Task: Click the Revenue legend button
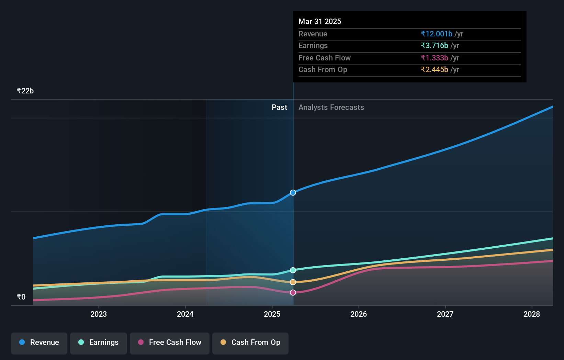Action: pyautogui.click(x=39, y=342)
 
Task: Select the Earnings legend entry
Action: pyautogui.click(x=99, y=342)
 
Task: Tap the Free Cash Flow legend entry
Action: pyautogui.click(x=170, y=342)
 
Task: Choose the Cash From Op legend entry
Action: pyautogui.click(x=250, y=342)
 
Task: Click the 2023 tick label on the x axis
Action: pyautogui.click(x=99, y=314)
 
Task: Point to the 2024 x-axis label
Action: pyautogui.click(x=185, y=314)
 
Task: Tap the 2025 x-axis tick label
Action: pyautogui.click(x=272, y=314)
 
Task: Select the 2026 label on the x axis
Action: pyautogui.click(x=359, y=314)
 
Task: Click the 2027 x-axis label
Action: pyautogui.click(x=445, y=314)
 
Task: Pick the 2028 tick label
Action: pyautogui.click(x=532, y=314)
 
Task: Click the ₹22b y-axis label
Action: pyautogui.click(x=25, y=91)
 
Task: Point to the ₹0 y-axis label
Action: pyautogui.click(x=21, y=297)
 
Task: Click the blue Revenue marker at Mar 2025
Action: pyautogui.click(x=293, y=193)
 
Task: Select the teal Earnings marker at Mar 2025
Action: pyautogui.click(x=293, y=270)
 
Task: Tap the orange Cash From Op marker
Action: pyautogui.click(x=293, y=282)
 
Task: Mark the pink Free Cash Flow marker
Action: pyautogui.click(x=293, y=293)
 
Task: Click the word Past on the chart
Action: pyautogui.click(x=279, y=107)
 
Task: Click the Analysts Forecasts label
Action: pyautogui.click(x=331, y=107)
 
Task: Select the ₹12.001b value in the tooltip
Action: pyautogui.click(x=437, y=34)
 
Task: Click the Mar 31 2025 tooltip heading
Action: pyautogui.click(x=320, y=21)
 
